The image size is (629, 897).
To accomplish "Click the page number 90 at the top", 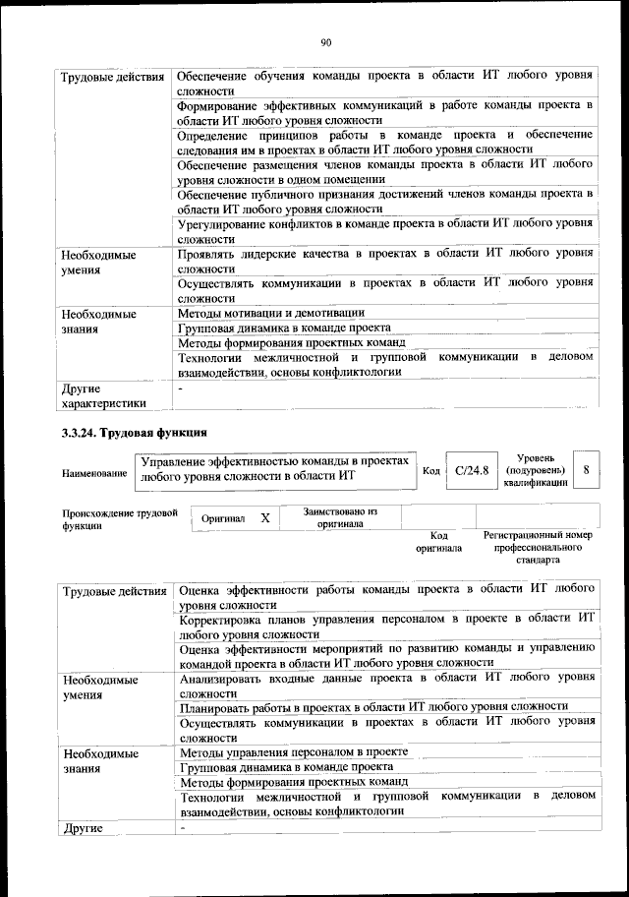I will pyautogui.click(x=325, y=41).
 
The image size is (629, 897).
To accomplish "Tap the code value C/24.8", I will pyautogui.click(x=472, y=471).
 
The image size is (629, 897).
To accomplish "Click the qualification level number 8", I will pyautogui.click(x=586, y=471).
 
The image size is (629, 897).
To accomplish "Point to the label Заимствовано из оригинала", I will pyautogui.click(x=340, y=517).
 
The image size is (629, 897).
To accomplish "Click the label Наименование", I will pyautogui.click(x=94, y=473).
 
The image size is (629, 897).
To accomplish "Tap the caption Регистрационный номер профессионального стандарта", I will pyautogui.click(x=538, y=547).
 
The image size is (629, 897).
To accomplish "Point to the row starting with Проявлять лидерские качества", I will pyautogui.click(x=384, y=261).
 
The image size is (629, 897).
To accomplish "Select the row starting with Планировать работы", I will pyautogui.click(x=373, y=706).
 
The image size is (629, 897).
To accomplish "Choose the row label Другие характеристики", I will pyautogui.click(x=103, y=394).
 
